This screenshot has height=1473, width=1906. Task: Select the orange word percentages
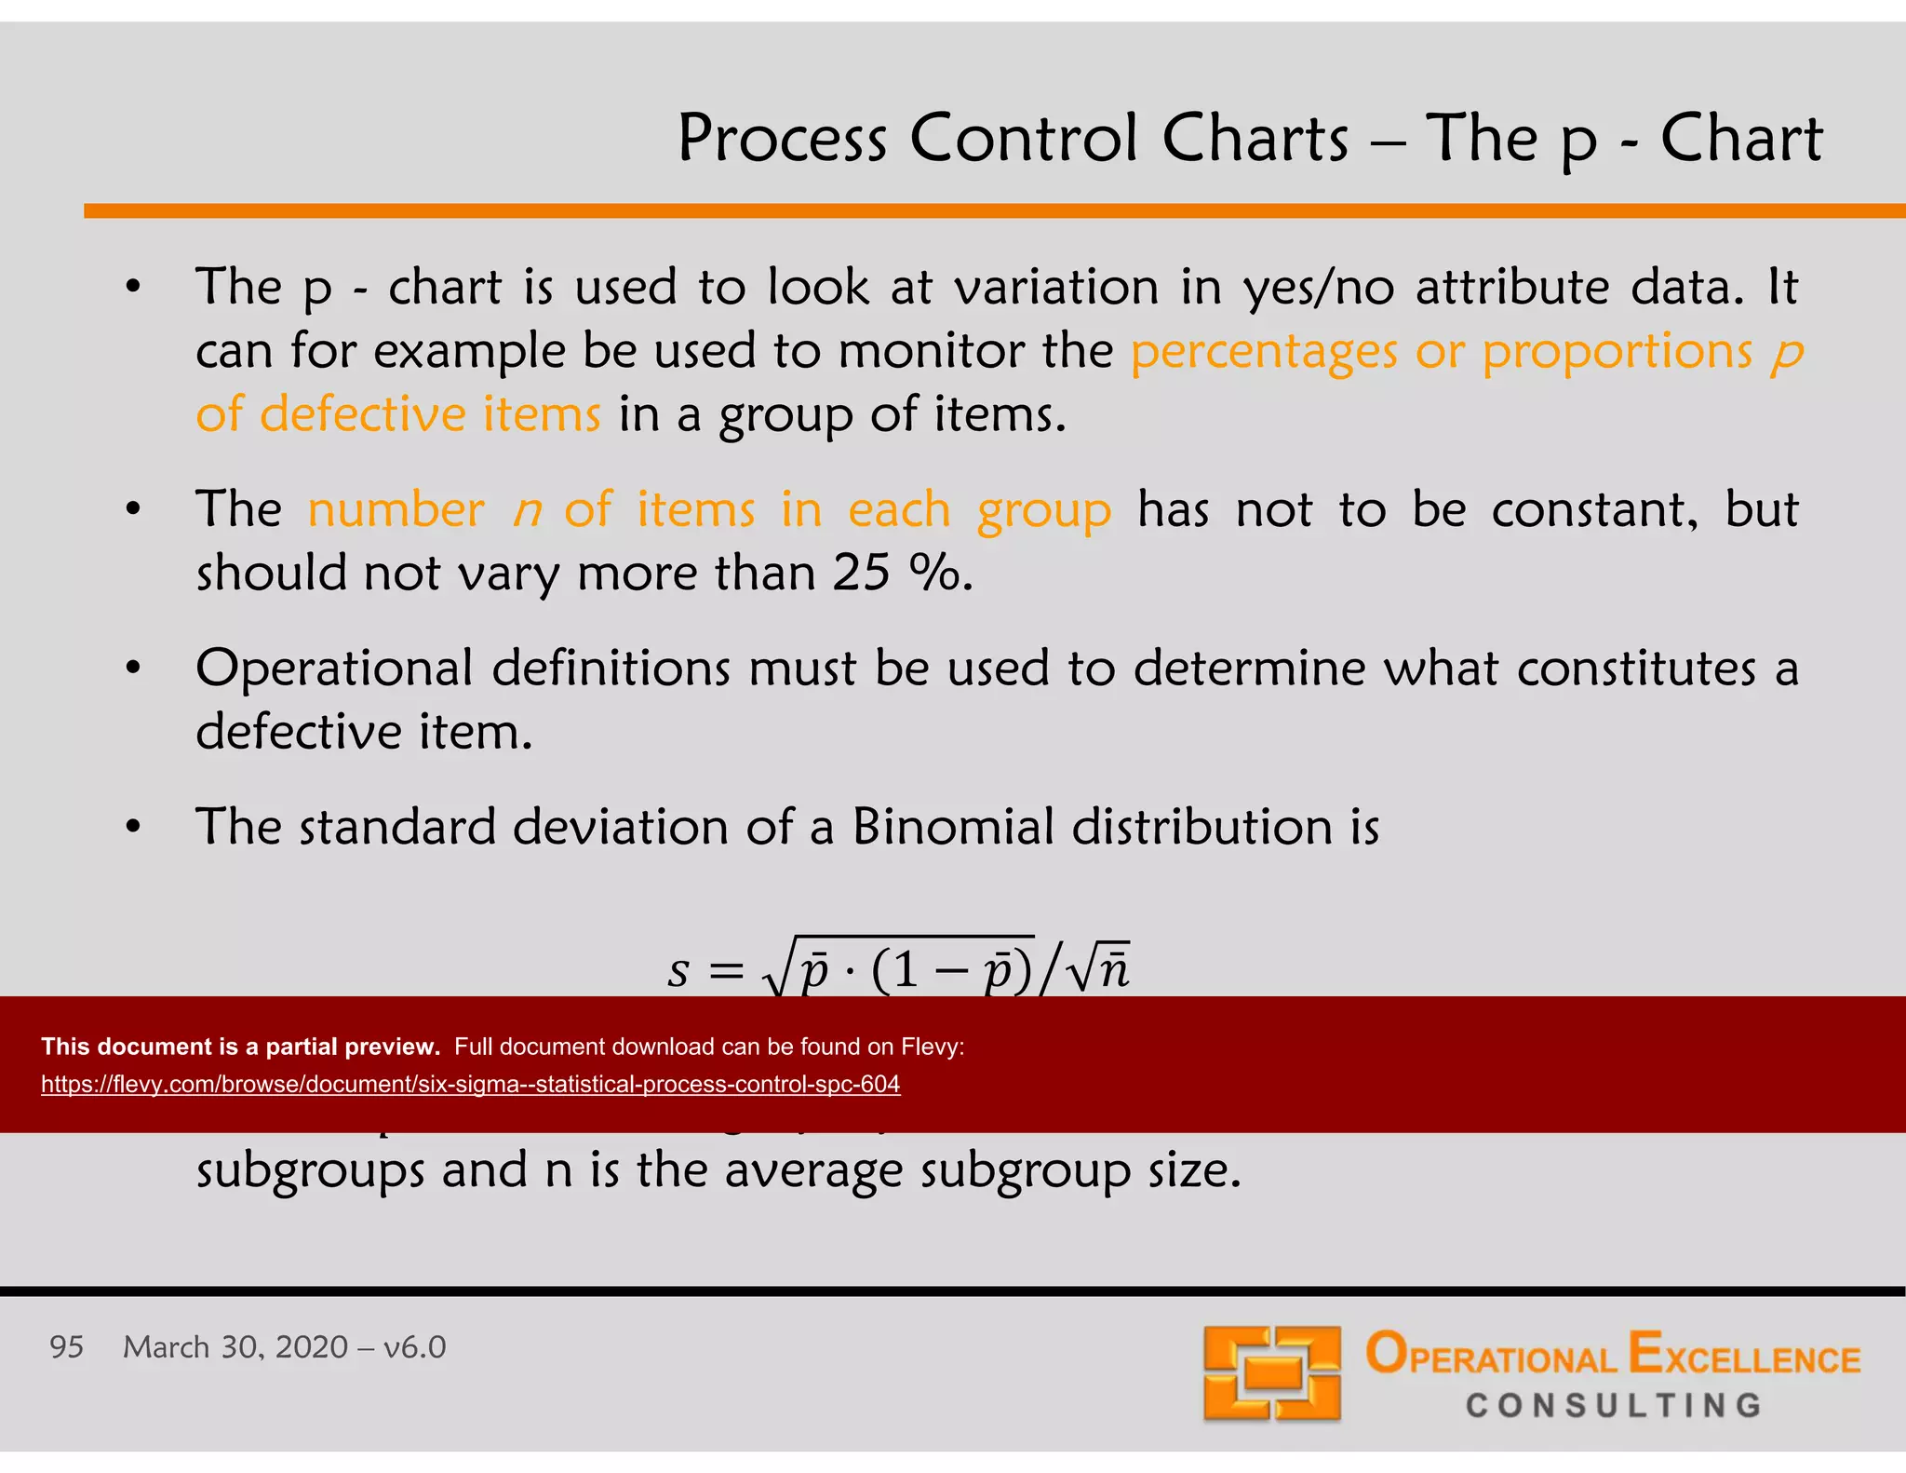coord(1264,352)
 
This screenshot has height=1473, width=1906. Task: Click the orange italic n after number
coord(528,510)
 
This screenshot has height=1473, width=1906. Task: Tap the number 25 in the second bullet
coord(861,573)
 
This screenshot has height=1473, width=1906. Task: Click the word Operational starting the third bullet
coord(335,669)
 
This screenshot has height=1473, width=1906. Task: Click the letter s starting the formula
coord(678,970)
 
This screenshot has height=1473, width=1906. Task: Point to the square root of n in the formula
coord(1100,968)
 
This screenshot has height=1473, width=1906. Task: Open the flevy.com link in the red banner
coord(470,1085)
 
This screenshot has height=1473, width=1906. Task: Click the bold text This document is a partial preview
coord(240,1047)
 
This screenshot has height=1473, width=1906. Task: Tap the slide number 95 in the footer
coord(66,1347)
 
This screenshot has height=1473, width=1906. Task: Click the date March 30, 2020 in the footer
coord(235,1347)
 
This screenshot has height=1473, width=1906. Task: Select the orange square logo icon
coord(1271,1373)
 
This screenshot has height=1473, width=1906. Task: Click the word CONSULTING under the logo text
coord(1614,1405)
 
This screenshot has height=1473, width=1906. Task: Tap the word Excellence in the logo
coord(1744,1356)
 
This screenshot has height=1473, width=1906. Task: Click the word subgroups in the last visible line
coord(310,1170)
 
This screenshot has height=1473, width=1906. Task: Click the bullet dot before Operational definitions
coord(133,668)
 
